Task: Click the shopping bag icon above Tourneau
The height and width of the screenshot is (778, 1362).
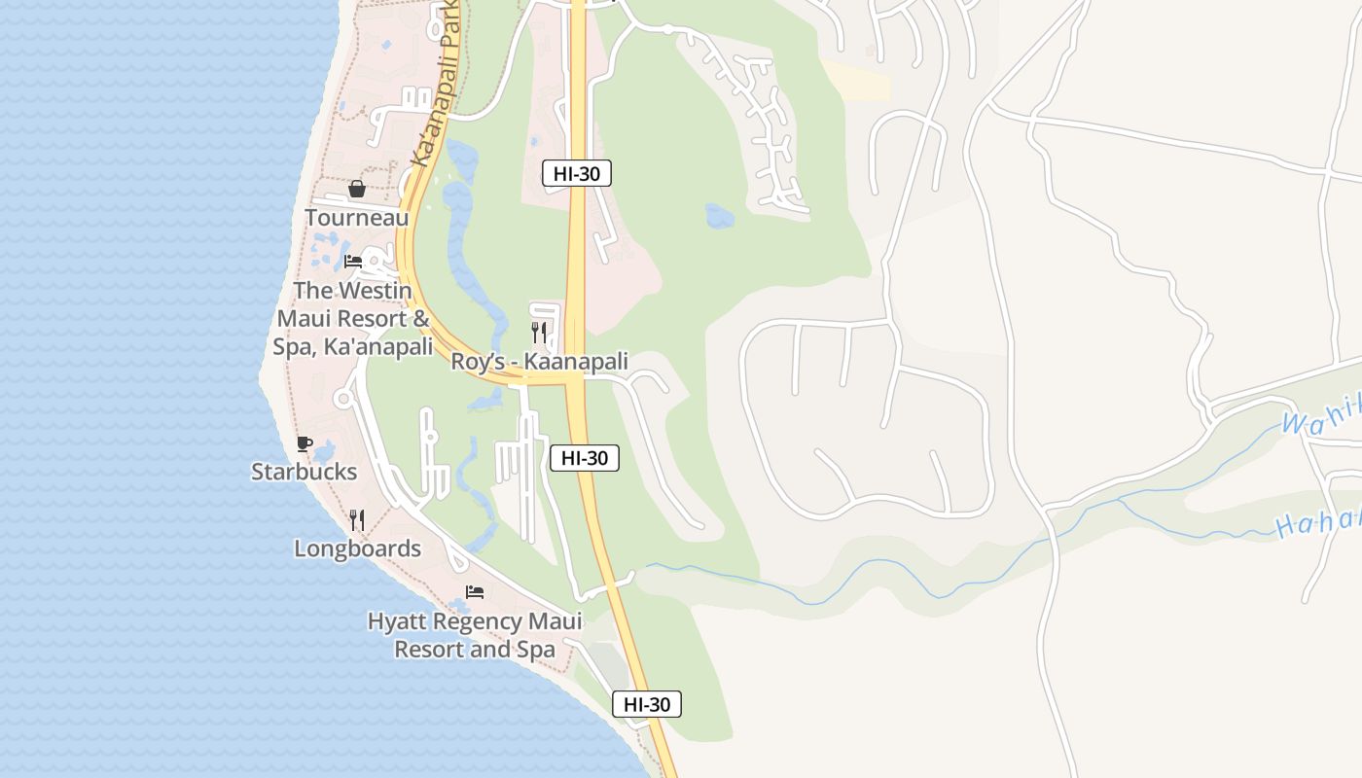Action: [x=357, y=189]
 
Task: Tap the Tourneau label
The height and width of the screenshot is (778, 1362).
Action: [x=357, y=218]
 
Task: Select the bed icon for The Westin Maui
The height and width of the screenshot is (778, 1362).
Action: [x=353, y=261]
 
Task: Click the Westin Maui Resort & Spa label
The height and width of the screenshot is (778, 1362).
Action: [x=353, y=318]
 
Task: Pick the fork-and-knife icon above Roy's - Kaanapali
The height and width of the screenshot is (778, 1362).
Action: [x=539, y=333]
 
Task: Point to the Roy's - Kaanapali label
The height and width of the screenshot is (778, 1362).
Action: [x=539, y=362]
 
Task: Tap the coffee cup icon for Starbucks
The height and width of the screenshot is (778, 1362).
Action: [x=305, y=443]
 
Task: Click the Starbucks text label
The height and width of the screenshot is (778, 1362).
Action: [x=305, y=472]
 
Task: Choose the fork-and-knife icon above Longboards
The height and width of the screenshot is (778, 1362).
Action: [x=357, y=520]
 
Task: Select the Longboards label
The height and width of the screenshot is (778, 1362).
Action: [x=358, y=548]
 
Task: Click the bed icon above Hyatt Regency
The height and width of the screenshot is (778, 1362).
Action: [x=475, y=591]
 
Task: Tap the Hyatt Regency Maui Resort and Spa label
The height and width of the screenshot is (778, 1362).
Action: [x=475, y=635]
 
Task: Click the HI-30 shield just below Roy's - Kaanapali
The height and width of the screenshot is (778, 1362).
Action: [x=585, y=458]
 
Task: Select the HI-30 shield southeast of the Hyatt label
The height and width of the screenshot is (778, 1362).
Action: [x=647, y=705]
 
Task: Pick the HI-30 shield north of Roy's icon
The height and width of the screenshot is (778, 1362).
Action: [x=577, y=174]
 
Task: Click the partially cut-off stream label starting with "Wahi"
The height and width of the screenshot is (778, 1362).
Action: [x=1321, y=418]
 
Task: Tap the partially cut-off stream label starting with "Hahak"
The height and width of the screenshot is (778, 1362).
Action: [x=1318, y=523]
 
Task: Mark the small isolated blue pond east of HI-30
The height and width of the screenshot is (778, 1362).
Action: [x=720, y=216]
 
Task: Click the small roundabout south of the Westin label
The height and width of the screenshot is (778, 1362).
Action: [x=342, y=398]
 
